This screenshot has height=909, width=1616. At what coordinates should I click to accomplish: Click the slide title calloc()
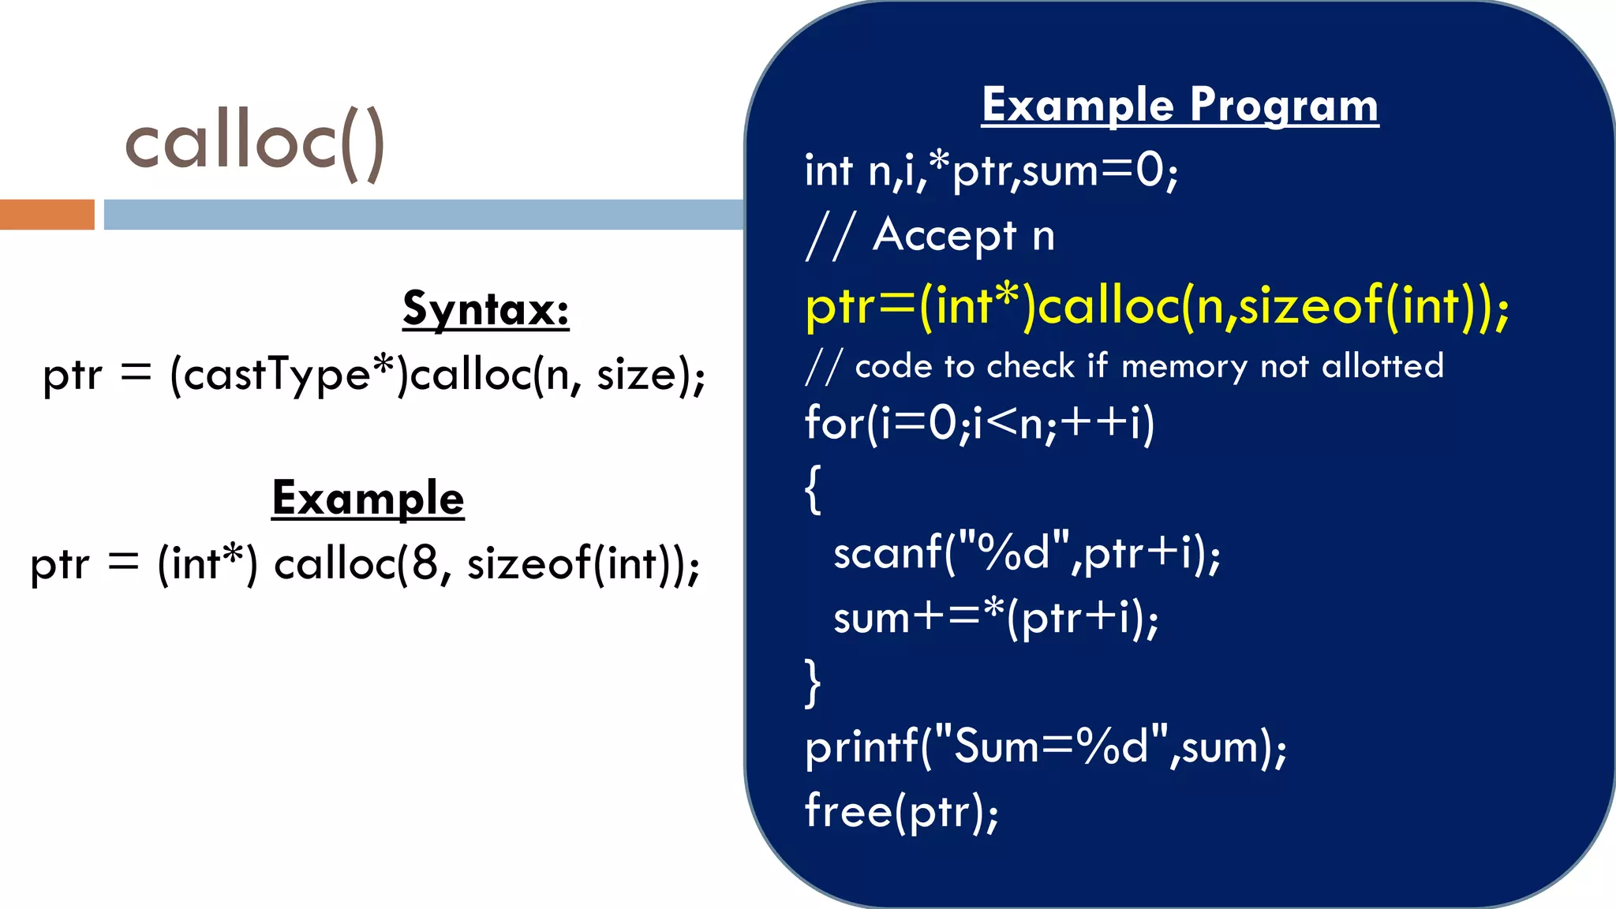tap(255, 143)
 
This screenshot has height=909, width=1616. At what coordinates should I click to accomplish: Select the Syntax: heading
tap(485, 309)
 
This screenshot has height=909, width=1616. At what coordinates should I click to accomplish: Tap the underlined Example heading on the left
tap(368, 499)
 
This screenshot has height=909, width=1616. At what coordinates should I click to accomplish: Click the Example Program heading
tap(1180, 106)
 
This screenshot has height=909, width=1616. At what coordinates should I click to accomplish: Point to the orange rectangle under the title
tap(47, 215)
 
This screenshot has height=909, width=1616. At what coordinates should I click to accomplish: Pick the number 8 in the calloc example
tap(424, 563)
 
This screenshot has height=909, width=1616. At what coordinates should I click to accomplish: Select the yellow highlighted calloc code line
tap(1157, 306)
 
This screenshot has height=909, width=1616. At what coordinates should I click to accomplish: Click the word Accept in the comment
tap(945, 236)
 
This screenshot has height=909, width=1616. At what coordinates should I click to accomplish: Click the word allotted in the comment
tap(1382, 367)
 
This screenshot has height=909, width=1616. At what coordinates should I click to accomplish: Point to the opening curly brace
tap(813, 489)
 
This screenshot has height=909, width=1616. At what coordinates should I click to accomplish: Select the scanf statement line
tap(1027, 553)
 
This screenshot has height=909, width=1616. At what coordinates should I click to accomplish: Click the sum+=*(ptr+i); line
tap(996, 618)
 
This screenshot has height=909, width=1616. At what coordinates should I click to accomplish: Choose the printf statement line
tap(1046, 746)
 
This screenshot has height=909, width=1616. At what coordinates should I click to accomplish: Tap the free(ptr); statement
tap(901, 811)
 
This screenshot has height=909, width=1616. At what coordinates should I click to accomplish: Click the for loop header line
tap(979, 424)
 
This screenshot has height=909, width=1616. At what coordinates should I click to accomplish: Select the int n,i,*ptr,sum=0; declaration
tap(991, 171)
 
